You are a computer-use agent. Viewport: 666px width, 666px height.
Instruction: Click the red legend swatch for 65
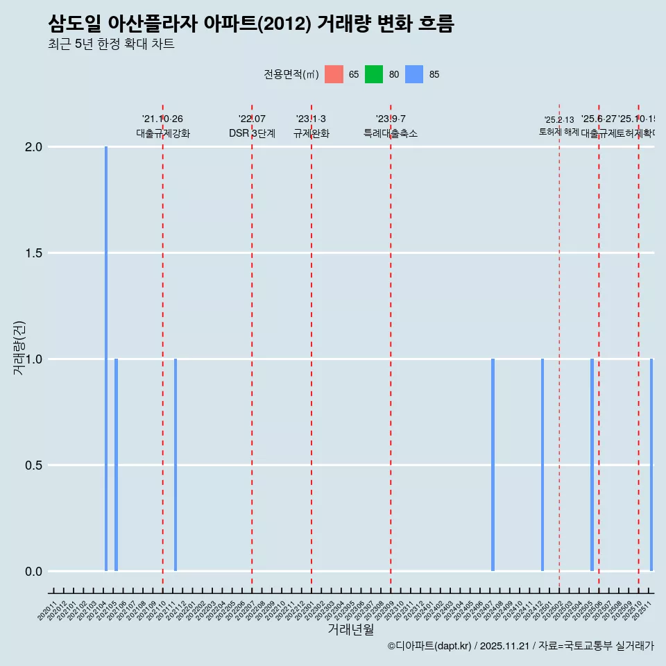pos(334,74)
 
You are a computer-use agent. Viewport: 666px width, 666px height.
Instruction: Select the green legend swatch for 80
pos(374,74)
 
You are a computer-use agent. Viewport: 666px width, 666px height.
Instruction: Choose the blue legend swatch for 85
pos(414,74)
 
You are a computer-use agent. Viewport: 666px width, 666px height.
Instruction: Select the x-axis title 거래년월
pos(350,630)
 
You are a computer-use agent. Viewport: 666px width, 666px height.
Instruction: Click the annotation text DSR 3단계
pos(252,134)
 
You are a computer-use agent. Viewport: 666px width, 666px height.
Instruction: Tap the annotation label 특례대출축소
pos(391,134)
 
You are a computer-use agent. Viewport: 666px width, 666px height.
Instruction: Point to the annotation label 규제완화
pos(311,134)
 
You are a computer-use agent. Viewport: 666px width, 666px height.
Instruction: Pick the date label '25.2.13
pos(559,120)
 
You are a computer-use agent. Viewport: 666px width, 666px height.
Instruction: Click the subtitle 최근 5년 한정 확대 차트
pos(111,44)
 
